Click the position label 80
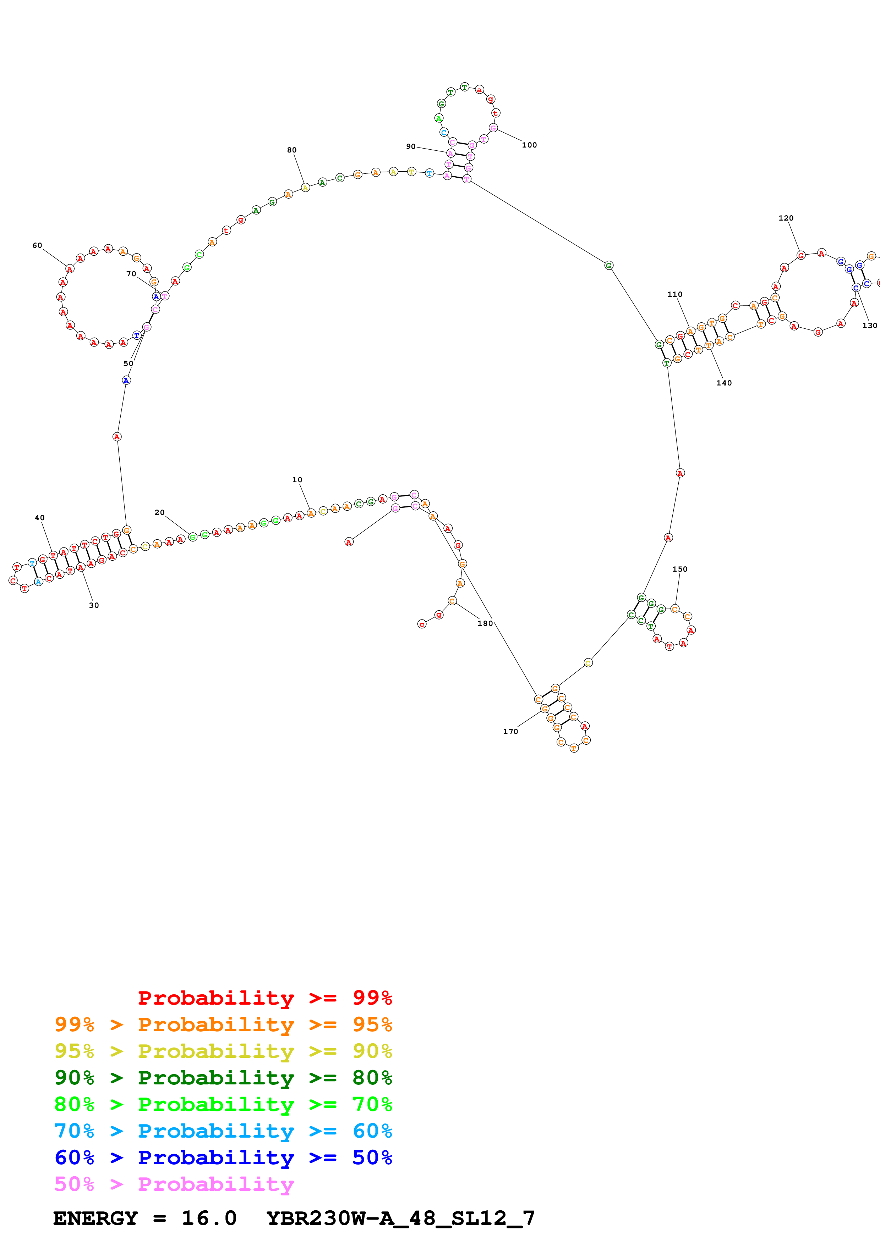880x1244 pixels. pos(292,150)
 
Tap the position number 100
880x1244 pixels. pos(529,145)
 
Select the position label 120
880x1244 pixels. pos(786,218)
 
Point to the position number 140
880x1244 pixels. pos(724,383)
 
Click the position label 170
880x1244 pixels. pos(510,732)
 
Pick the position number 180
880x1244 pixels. pos(485,624)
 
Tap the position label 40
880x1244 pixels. pos(40,518)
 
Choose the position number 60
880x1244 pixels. pos(37,245)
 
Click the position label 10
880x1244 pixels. pos(297,480)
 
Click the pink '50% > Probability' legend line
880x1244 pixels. pos(174,1184)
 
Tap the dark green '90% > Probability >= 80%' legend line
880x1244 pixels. pos(223,1078)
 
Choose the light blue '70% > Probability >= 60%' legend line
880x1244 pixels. pos(223,1131)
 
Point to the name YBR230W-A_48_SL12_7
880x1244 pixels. pos(401,1218)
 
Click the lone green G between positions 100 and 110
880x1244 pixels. pos(608,266)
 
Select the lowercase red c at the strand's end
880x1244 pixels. pos(422,624)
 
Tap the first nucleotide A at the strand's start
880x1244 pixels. pos(349,542)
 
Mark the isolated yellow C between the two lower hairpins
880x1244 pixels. pos(588,663)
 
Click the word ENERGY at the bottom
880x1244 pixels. pos(95,1218)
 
